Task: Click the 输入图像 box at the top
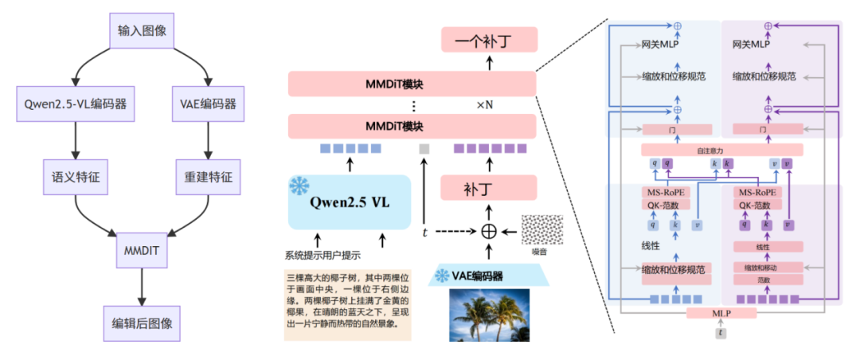[x=141, y=30]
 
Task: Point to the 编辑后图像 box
[x=141, y=323]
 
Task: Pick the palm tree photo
[x=490, y=315]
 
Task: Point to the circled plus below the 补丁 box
[x=490, y=231]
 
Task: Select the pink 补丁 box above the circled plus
[x=490, y=190]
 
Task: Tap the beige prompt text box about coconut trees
[x=347, y=307]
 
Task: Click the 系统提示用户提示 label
[x=322, y=256]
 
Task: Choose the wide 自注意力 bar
[x=721, y=150]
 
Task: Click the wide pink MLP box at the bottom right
[x=720, y=313]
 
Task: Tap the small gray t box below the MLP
[x=720, y=334]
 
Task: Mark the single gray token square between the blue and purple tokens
[x=424, y=148]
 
